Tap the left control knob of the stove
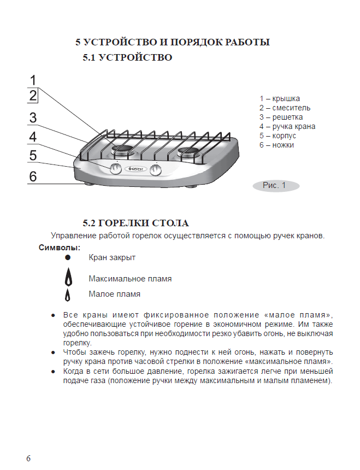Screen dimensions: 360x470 [115, 169]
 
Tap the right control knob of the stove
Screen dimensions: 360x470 [155, 170]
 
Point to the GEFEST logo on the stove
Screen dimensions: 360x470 [135, 169]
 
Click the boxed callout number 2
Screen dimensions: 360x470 [33, 95]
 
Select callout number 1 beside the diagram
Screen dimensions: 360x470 [33, 80]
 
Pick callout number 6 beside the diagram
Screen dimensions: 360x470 [33, 176]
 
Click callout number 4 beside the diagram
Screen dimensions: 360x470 [33, 137]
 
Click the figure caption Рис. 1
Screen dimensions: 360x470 [274, 185]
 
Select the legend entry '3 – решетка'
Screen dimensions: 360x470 [281, 117]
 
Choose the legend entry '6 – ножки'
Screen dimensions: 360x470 [276, 145]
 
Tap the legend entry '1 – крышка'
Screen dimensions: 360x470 [280, 98]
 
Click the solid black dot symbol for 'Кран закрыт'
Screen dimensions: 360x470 [68, 257]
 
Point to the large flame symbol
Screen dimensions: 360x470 [69, 277]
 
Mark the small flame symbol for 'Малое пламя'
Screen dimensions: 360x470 [68, 295]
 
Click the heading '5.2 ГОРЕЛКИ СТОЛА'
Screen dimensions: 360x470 [135, 223]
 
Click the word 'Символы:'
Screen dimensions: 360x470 [60, 248]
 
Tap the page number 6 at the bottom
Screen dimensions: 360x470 [28, 459]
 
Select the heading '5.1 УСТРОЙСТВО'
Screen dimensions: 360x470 [128, 57]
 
